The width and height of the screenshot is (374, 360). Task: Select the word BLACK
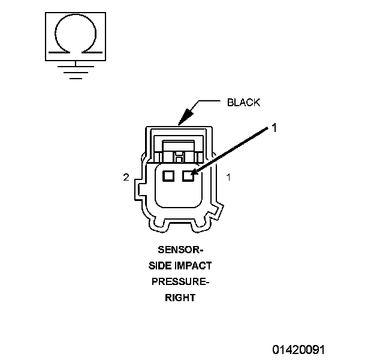243,102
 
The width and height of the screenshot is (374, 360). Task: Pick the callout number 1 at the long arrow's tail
274,127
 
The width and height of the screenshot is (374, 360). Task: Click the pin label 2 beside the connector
126,177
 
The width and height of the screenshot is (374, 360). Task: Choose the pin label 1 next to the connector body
228,177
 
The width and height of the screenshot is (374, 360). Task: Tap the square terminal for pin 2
168,176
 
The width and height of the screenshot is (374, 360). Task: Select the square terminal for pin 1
188,176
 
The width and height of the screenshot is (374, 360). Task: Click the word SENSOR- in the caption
180,250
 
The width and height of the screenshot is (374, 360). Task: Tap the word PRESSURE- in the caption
180,281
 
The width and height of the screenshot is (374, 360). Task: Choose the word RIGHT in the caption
180,297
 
